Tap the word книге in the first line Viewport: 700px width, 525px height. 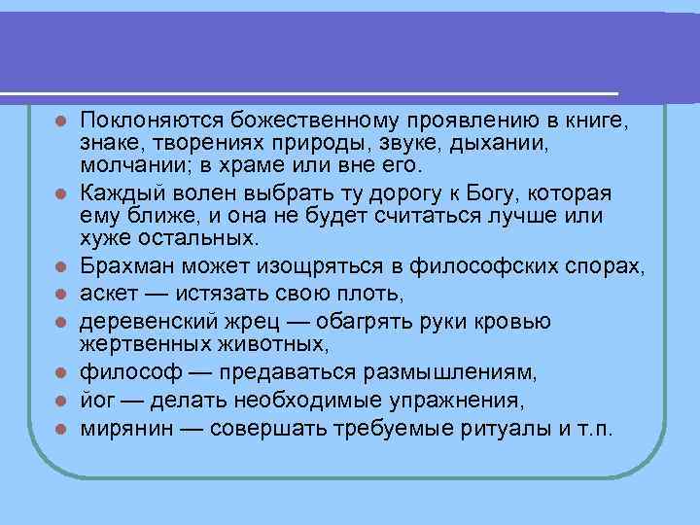point(598,122)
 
